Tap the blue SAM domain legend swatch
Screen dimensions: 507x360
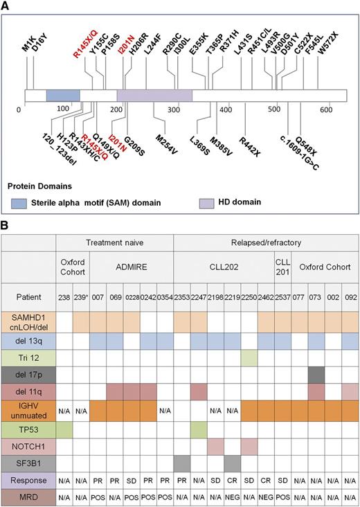click(x=21, y=202)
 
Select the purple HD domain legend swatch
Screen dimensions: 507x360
click(x=208, y=202)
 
